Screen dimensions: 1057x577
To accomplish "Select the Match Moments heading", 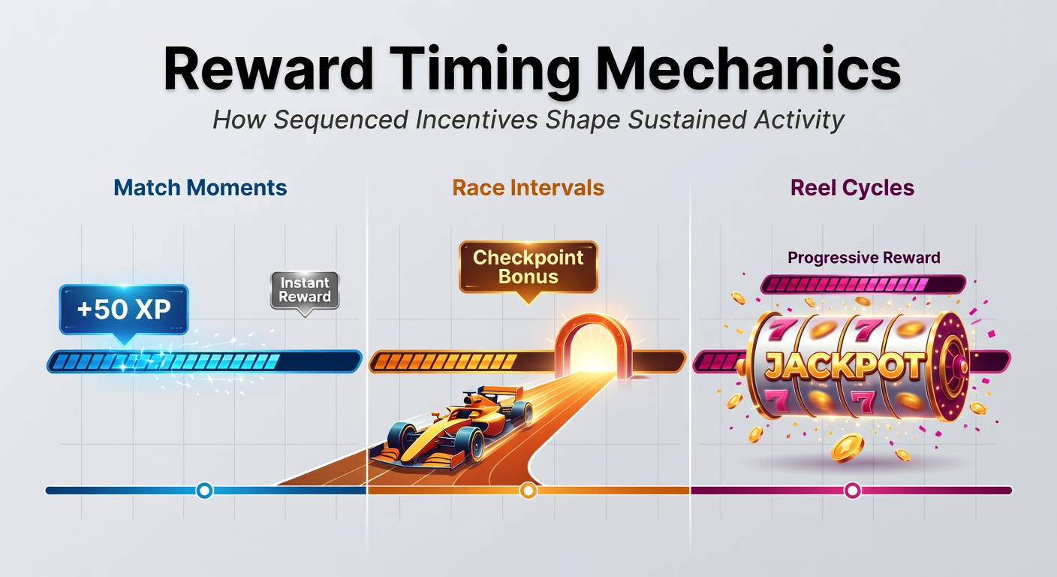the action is pos(200,188).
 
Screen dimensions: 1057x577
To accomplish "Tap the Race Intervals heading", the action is pos(528,188).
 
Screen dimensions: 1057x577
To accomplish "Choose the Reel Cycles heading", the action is pos(852,188).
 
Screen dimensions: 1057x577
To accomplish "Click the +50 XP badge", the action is pos(124,310).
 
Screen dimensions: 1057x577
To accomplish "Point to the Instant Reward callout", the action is pos(305,291).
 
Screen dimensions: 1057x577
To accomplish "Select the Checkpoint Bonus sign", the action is pos(528,267).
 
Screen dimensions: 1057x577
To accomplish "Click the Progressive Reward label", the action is pos(864,258).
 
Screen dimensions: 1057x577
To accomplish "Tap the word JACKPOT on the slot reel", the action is pos(845,365).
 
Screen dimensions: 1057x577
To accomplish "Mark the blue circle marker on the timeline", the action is pos(204,491).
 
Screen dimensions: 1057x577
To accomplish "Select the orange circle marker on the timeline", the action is pos(528,491).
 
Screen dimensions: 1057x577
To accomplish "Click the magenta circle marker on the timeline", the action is pos(852,491).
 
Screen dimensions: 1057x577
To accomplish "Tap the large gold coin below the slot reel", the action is pos(847,448).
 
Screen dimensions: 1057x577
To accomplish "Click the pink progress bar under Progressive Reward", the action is pos(863,284).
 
